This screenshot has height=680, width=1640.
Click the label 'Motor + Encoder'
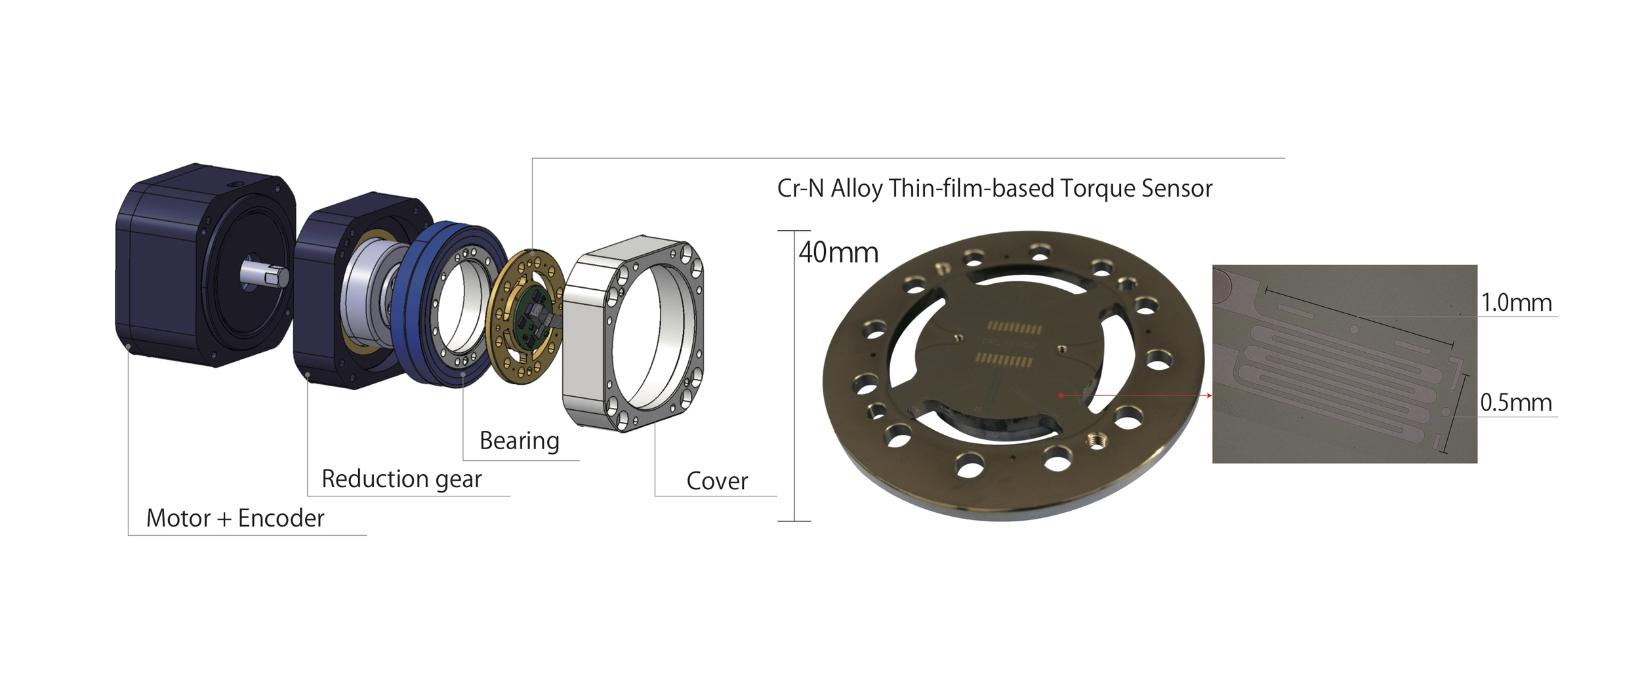(235, 518)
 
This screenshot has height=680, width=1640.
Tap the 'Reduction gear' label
(401, 479)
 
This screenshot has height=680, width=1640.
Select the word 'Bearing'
(520, 441)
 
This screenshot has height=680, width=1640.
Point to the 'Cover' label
(717, 481)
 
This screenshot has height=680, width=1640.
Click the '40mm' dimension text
(838, 252)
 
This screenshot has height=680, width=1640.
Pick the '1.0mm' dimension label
(1516, 302)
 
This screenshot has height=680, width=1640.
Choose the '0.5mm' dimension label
(1516, 403)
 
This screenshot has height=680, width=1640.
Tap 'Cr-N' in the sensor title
(800, 189)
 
